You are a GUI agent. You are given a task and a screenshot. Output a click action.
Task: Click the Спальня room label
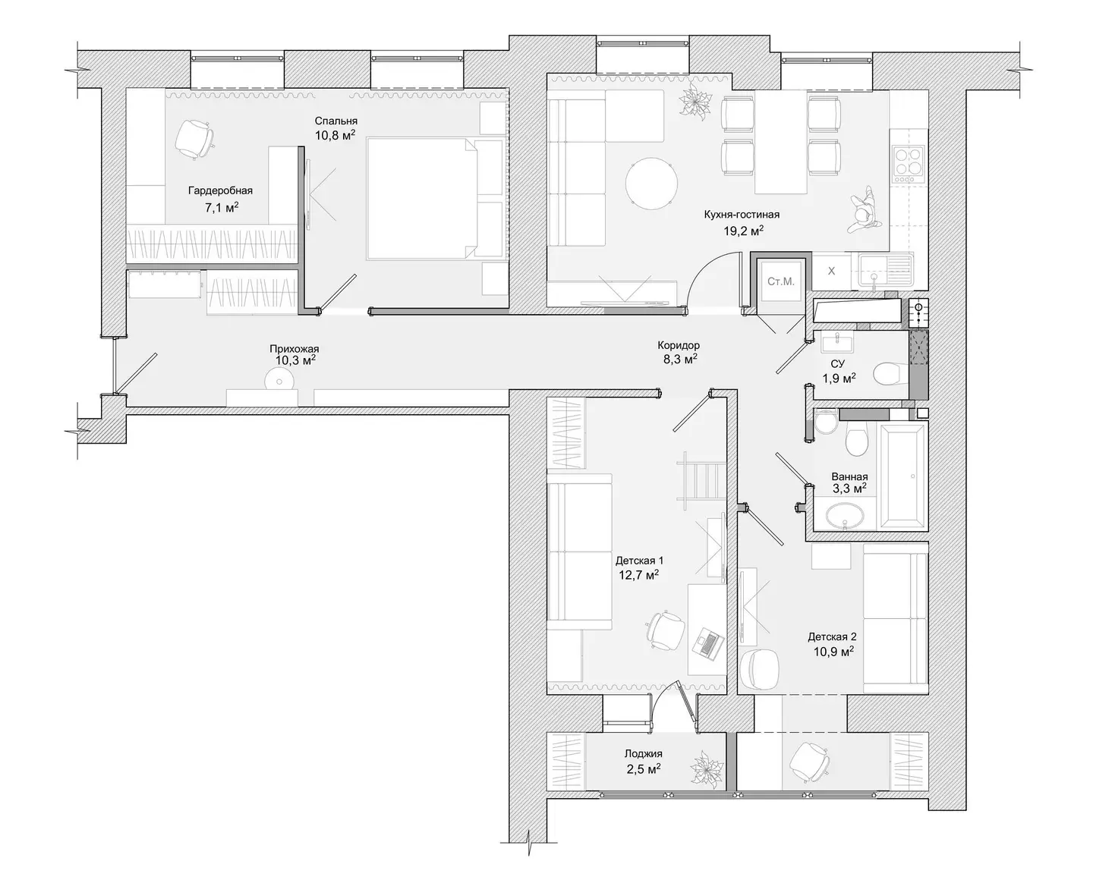335,121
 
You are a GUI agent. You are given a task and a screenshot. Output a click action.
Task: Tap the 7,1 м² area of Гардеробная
221,207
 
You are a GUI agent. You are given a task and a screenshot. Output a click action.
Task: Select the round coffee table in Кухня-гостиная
650,183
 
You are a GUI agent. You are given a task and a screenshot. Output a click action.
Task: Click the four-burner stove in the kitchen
908,164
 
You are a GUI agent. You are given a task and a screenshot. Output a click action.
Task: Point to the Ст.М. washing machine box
780,281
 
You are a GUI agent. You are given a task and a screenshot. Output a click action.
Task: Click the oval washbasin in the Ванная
845,515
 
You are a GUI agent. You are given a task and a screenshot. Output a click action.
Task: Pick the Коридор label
679,345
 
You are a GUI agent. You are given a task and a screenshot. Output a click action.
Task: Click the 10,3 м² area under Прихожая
295,360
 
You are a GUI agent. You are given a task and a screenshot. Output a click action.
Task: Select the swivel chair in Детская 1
666,630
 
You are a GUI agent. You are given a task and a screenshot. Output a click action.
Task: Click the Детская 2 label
832,637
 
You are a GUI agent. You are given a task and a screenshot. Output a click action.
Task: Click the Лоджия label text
643,753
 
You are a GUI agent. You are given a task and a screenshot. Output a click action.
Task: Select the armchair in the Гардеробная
194,140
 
